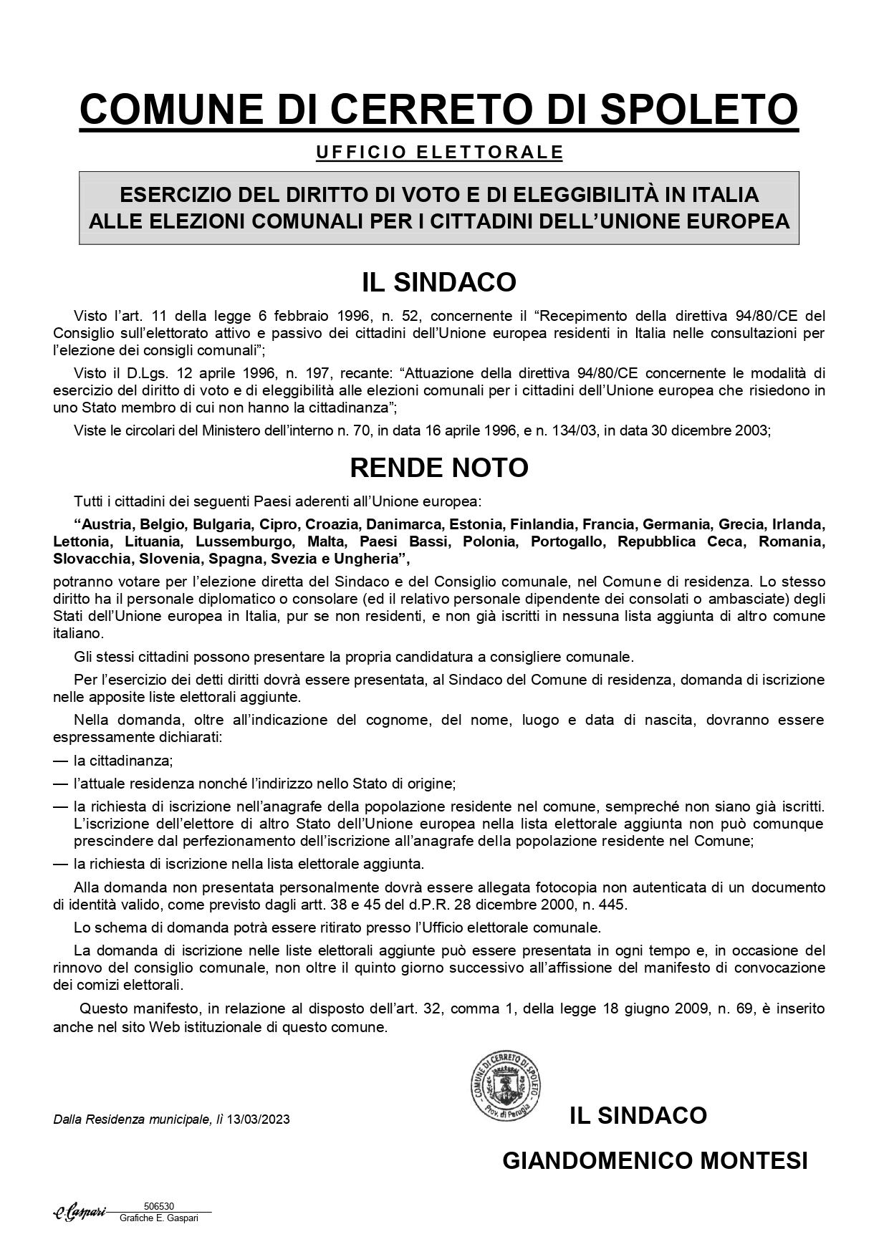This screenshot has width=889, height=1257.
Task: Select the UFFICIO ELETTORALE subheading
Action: [x=439, y=153]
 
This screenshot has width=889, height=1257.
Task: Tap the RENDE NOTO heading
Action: [x=439, y=468]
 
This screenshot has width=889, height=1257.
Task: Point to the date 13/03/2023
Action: [x=259, y=1119]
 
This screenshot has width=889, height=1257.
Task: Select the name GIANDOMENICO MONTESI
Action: [x=655, y=1160]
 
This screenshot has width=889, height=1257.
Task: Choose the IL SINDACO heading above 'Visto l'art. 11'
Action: [x=439, y=282]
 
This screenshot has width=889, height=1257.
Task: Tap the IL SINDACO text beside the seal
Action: [x=638, y=1115]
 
